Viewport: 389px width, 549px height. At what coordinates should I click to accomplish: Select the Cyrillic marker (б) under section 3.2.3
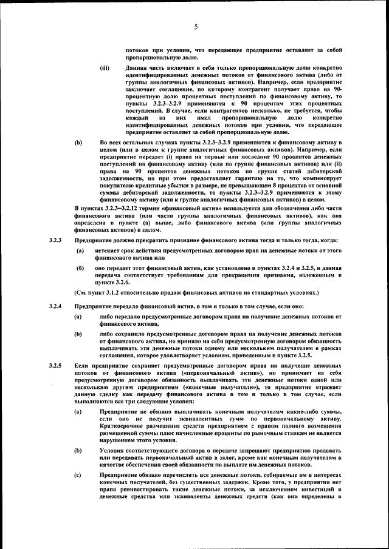click(x=79, y=268)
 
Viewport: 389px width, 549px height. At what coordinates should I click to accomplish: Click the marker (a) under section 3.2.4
click(x=78, y=317)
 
